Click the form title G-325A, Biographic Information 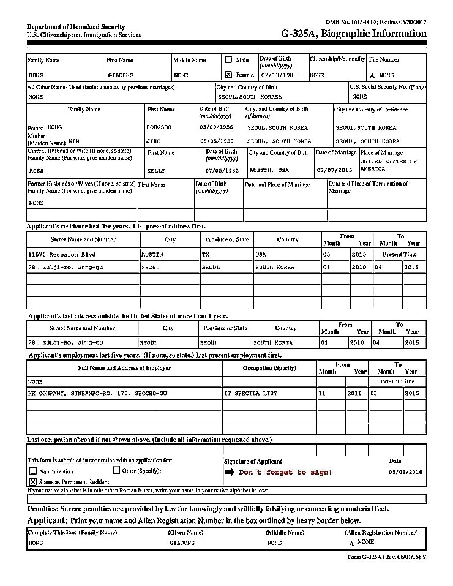point(353,34)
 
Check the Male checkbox point(228,60)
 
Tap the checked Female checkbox point(228,75)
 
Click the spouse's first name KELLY point(156,170)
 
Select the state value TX point(206,254)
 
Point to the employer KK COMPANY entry point(97,393)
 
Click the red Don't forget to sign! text point(285,472)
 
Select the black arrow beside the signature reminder point(230,472)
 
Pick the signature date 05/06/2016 point(405,472)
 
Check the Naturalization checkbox point(33,471)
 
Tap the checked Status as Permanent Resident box point(33,482)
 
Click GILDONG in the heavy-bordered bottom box point(182,543)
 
